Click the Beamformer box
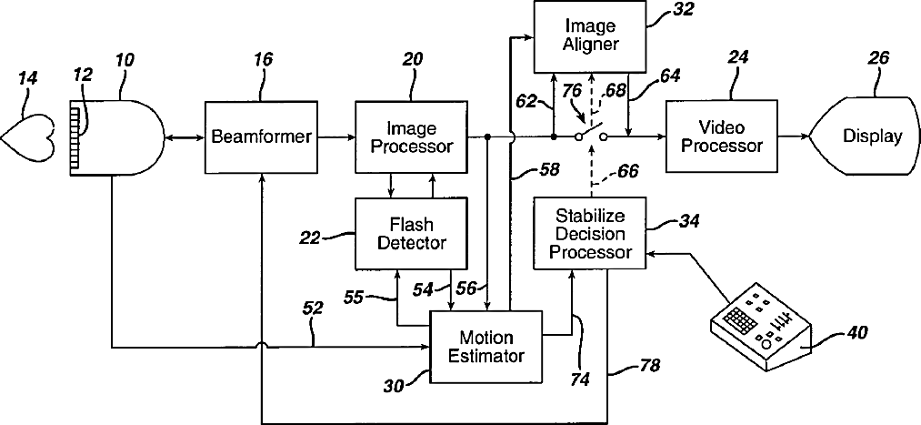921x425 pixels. coord(261,137)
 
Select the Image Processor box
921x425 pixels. coord(411,137)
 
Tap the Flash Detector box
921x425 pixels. coord(411,225)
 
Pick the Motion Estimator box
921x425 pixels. coord(487,347)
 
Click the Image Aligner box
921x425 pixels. coord(590,35)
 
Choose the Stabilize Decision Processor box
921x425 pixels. coord(590,225)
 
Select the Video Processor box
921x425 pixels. coord(722,137)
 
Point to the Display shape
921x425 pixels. coord(864,137)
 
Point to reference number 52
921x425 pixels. coord(312,309)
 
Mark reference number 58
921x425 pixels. coord(548,170)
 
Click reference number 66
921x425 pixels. coord(626,172)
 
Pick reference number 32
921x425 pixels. coord(668,9)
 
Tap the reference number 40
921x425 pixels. coord(856,333)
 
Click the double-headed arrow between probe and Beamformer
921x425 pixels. coord(184,137)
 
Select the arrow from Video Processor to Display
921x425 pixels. coord(794,137)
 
